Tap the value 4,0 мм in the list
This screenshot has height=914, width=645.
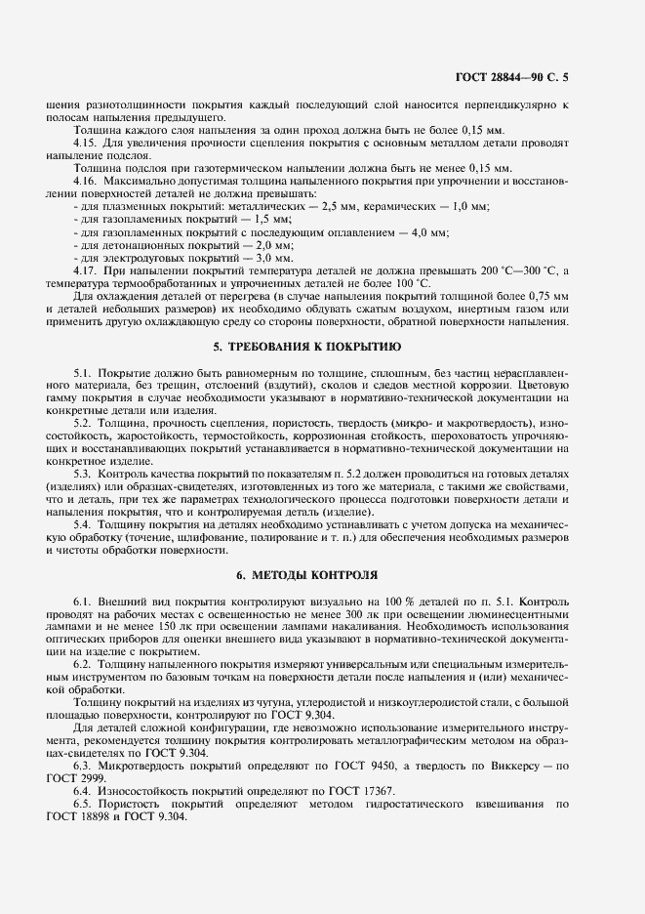430,232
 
